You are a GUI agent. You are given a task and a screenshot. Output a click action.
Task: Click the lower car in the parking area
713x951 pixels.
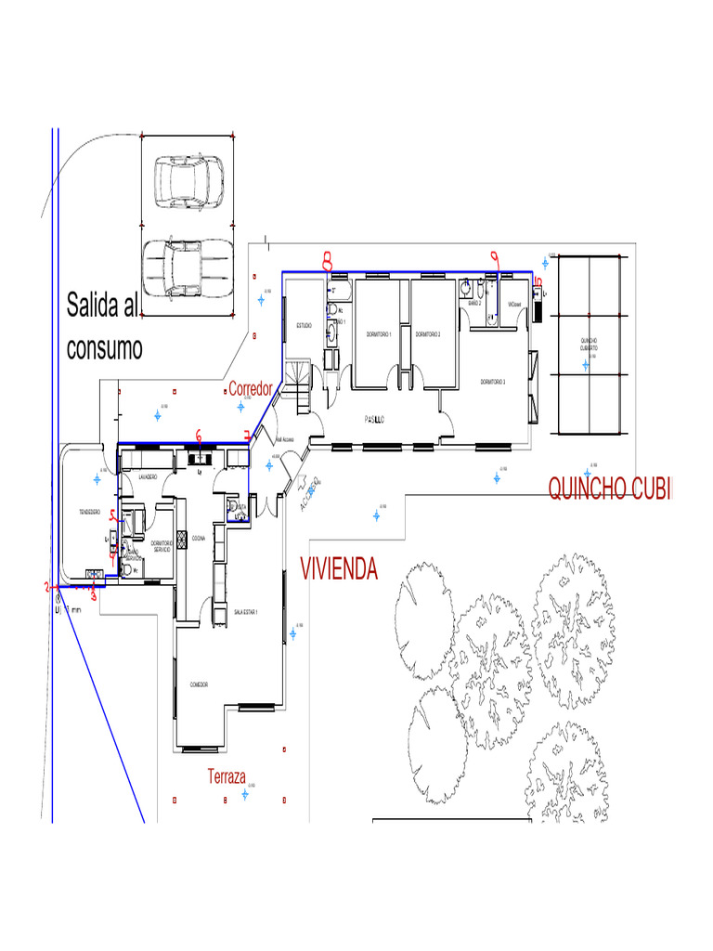188,267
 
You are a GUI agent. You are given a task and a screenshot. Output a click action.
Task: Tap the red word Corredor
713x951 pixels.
251,388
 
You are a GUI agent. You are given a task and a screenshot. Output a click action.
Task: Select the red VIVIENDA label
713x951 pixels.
339,568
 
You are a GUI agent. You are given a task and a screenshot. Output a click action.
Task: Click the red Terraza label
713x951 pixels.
227,776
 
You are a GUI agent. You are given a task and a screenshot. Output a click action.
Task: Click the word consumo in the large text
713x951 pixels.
105,348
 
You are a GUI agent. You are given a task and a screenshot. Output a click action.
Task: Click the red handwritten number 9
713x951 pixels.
495,259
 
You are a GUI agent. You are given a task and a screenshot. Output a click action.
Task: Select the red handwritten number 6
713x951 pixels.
199,434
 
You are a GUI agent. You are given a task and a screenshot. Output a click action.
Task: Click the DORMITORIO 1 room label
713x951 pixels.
378,333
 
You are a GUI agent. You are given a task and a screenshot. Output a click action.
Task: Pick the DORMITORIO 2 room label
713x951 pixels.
427,333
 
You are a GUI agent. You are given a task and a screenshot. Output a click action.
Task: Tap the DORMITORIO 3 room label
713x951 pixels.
493,382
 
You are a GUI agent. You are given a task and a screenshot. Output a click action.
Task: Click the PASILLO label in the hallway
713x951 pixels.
375,420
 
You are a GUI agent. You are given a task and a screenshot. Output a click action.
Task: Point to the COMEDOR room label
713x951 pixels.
199,684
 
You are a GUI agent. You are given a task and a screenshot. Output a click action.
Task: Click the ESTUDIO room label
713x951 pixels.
304,325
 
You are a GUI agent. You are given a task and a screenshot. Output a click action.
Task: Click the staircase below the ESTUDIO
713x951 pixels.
302,385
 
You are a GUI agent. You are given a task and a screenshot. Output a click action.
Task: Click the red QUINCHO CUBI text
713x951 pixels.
608,489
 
